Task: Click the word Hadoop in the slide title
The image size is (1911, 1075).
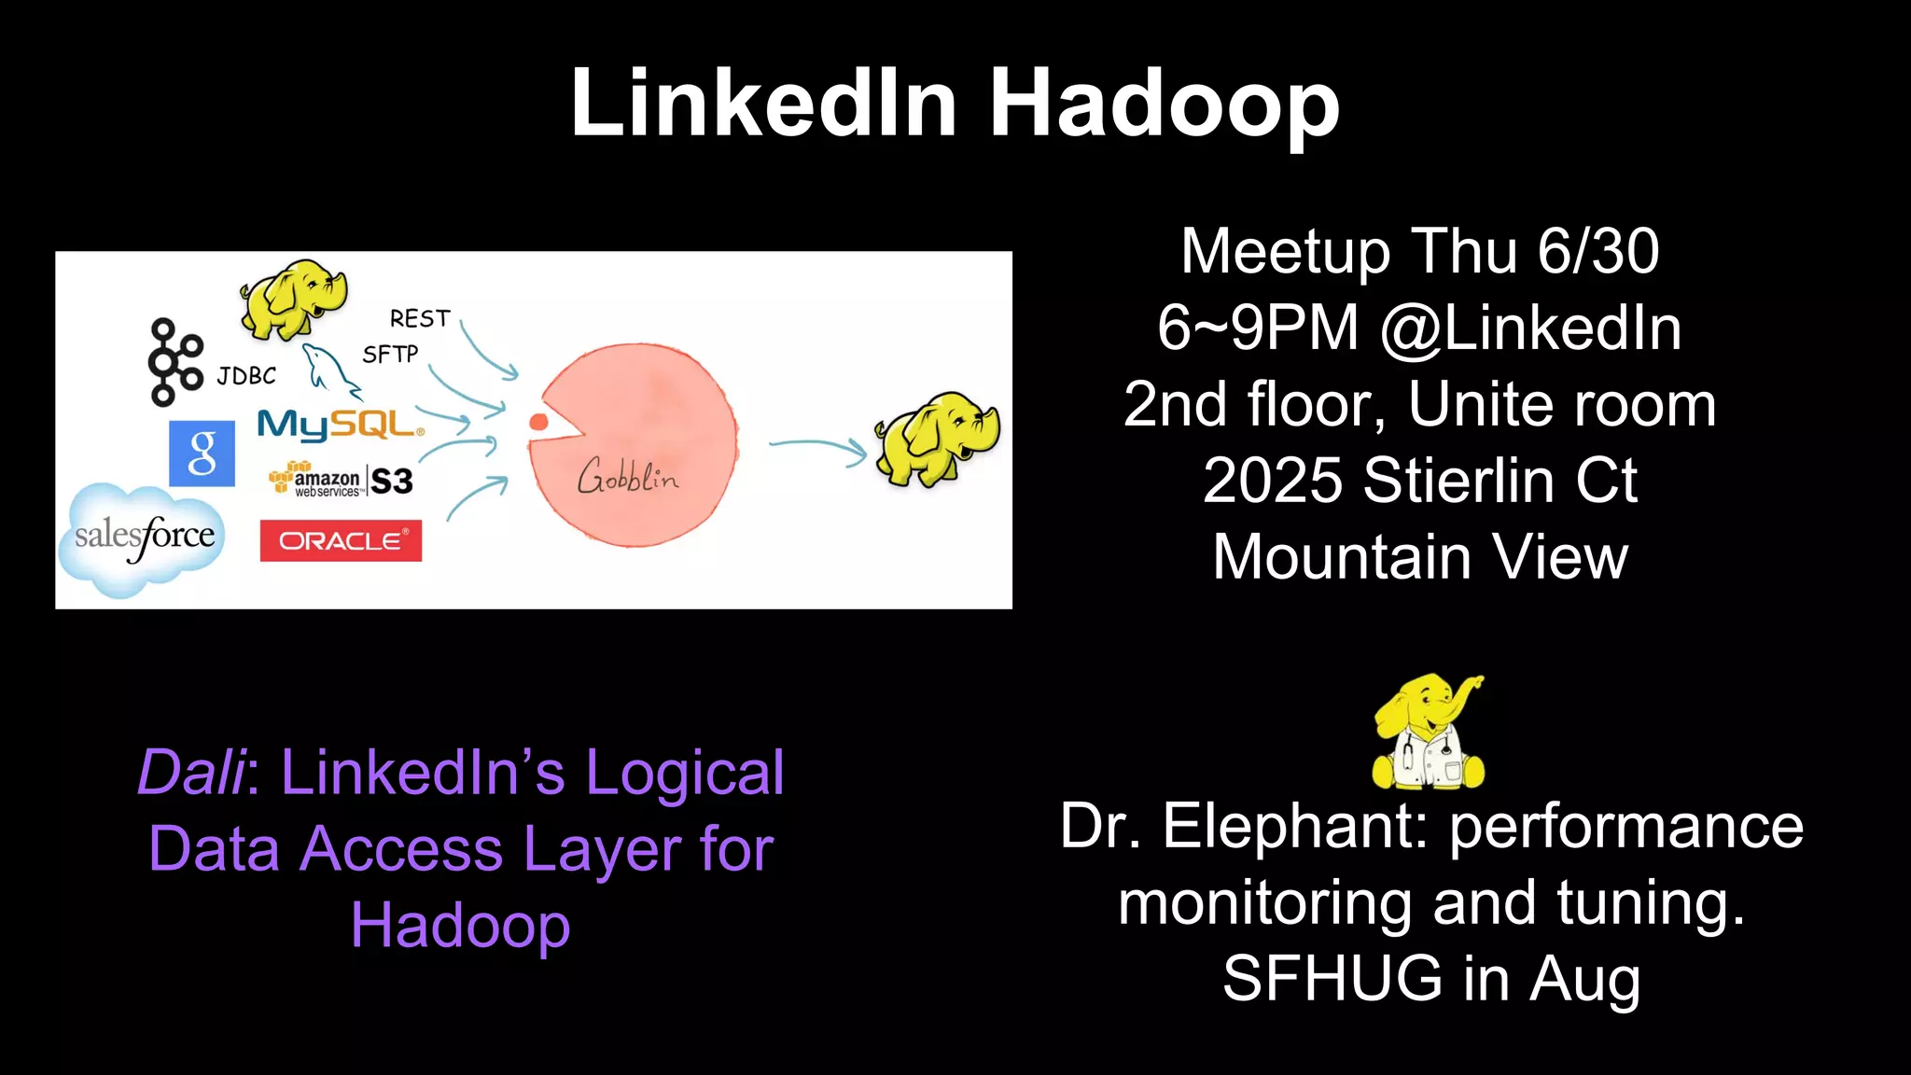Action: tap(1164, 104)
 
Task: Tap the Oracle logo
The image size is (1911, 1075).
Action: tap(341, 540)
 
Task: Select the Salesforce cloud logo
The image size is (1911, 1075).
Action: tap(144, 537)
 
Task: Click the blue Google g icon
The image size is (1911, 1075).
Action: tap(202, 454)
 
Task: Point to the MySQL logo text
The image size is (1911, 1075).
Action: tap(341, 425)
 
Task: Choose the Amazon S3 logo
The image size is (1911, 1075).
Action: tap(342, 481)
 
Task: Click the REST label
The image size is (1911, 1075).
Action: tap(419, 319)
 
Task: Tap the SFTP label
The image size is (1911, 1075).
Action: tap(390, 355)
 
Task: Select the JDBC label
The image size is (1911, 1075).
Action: tap(246, 376)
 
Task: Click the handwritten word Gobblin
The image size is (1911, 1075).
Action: tap(628, 478)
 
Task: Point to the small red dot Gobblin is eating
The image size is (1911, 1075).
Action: tap(538, 422)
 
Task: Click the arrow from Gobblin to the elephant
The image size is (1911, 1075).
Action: tap(817, 449)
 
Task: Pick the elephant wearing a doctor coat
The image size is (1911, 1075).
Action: tap(1428, 733)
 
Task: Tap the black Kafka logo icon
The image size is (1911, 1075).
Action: tap(174, 362)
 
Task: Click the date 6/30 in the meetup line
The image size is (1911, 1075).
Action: tap(1597, 252)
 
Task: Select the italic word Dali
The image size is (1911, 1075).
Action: tap(192, 773)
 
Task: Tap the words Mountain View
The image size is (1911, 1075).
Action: tap(1420, 558)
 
